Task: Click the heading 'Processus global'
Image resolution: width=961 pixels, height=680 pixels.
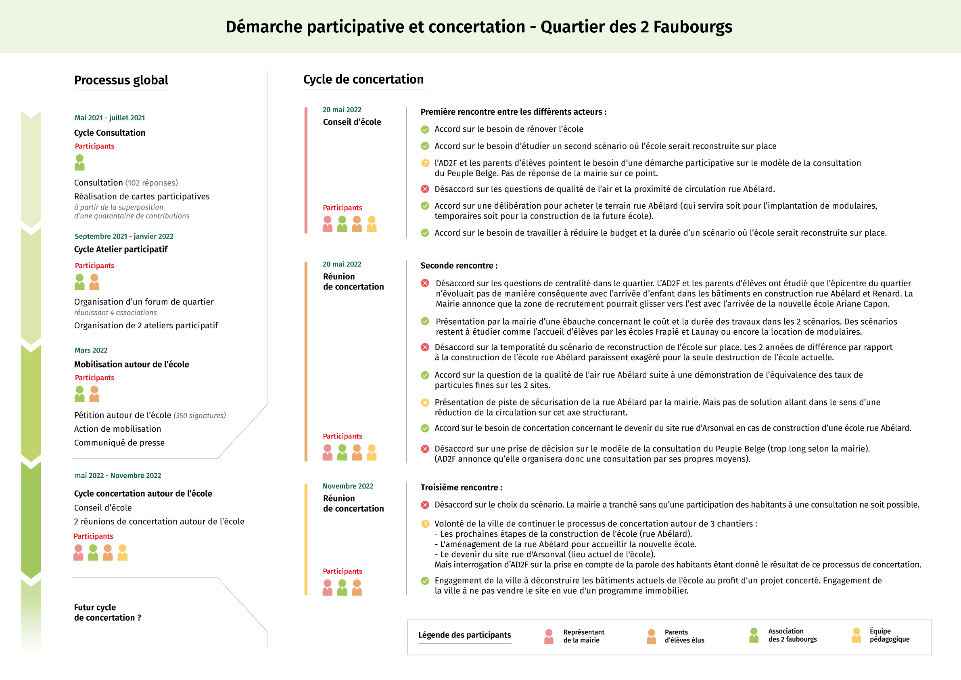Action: coord(121,80)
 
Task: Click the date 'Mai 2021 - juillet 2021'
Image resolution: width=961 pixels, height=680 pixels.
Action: coord(110,118)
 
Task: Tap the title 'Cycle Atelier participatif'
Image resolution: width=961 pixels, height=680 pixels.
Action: coord(121,249)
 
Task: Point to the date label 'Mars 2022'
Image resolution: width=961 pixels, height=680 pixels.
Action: coord(91,350)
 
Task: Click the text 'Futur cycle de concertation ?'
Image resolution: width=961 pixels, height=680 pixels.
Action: coord(107,612)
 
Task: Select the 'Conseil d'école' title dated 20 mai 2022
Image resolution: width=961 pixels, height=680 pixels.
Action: coord(351,122)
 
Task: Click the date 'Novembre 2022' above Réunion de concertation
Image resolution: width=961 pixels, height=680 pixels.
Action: coord(348,486)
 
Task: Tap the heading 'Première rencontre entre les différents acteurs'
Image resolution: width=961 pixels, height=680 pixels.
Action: coord(513,112)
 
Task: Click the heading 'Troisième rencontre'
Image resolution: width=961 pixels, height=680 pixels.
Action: coord(461,487)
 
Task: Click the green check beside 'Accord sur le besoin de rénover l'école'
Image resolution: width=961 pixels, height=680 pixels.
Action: coord(425,130)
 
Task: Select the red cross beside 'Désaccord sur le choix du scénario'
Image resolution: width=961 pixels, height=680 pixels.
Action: coord(425,505)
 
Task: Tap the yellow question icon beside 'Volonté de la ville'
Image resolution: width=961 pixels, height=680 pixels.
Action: coord(425,524)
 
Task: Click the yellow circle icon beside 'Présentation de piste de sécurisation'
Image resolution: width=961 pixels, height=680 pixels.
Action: coord(425,403)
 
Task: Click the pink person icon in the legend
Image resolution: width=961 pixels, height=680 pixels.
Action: coord(549,636)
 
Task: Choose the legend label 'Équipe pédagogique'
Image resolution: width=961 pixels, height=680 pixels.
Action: coord(890,635)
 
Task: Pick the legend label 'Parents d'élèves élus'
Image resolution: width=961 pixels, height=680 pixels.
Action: coord(684,636)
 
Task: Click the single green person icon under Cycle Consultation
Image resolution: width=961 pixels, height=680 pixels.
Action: coord(79,163)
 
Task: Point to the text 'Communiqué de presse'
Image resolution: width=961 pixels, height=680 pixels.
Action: coord(119,443)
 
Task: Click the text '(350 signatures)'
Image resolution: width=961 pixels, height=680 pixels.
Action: coord(200,416)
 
